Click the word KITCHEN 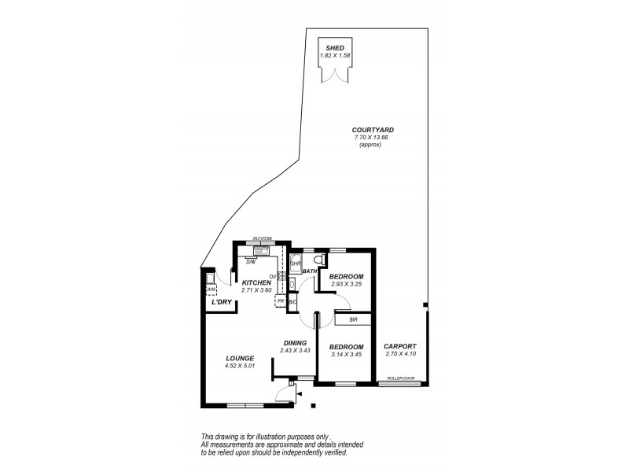[x=256, y=282]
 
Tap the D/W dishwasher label [x=250, y=261]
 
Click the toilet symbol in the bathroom [x=319, y=259]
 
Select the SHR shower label [x=296, y=263]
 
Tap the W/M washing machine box [x=211, y=288]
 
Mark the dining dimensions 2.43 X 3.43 [x=296, y=350]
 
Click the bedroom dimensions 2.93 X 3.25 [x=346, y=285]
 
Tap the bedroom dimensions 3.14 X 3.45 [x=345, y=355]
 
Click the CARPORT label [x=399, y=346]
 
